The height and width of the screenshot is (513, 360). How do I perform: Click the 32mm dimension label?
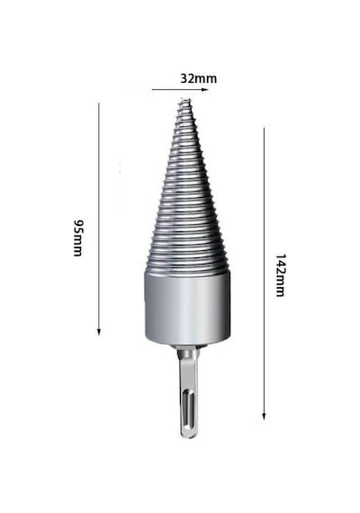coord(199,78)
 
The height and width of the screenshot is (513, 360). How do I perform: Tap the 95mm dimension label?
coord(78,238)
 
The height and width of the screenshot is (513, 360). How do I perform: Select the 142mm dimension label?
coord(280,274)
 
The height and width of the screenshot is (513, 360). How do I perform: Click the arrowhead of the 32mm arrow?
coord(205,89)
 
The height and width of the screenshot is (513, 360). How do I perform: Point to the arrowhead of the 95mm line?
coord(99,332)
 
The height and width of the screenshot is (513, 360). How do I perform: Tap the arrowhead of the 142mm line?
coord(264,416)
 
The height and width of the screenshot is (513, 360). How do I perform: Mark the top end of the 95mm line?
coord(99,103)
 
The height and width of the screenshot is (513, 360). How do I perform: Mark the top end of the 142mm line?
coord(264,128)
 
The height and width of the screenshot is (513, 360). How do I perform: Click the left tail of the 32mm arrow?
coord(152,89)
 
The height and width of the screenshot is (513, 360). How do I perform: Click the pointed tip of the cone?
coord(184,100)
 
